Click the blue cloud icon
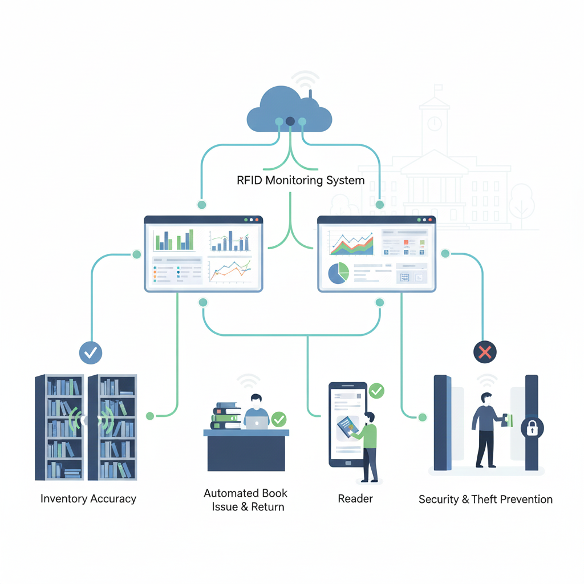tap(289, 111)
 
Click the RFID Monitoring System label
tap(301, 181)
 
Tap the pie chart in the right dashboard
tap(338, 273)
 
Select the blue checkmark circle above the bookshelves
tap(90, 353)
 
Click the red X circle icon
tap(484, 352)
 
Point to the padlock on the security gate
tap(532, 428)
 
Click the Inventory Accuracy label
tap(88, 498)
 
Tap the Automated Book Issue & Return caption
tap(246, 500)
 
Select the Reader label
tap(355, 498)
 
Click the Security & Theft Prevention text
tap(485, 499)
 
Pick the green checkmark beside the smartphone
tap(376, 391)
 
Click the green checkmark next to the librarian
tap(279, 420)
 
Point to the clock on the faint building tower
tap(435, 123)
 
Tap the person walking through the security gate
tap(486, 428)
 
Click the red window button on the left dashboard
tap(257, 220)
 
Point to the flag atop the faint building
tap(438, 89)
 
